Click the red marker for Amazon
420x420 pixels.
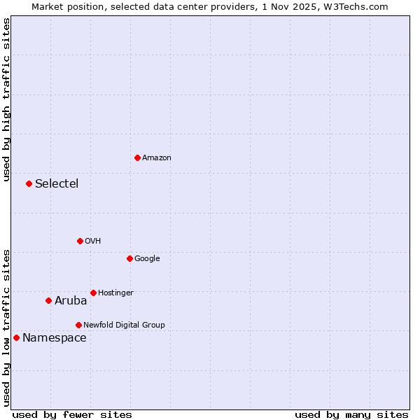[x=137, y=157]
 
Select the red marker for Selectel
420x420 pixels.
[x=29, y=183]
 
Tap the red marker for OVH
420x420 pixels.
[x=80, y=241]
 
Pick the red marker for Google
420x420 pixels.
[x=129, y=258]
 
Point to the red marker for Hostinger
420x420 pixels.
[x=93, y=293]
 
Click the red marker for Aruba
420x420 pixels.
[x=48, y=300]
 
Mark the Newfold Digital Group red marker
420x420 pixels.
[x=78, y=325]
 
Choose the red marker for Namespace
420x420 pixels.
[x=16, y=337]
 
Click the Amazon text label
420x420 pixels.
[x=157, y=157]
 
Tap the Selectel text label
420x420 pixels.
[x=57, y=184]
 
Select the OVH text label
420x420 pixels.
[x=93, y=241]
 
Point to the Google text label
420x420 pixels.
[x=147, y=258]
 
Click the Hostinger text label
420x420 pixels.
[x=115, y=293]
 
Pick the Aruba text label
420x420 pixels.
[x=71, y=301]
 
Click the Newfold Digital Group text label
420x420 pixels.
[x=124, y=325]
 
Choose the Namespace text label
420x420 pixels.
[x=55, y=338]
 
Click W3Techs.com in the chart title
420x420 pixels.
[x=360, y=7]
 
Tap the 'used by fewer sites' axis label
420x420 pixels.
[x=72, y=414]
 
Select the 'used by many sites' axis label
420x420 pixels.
[x=351, y=414]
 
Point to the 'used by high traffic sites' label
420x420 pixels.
[x=7, y=99]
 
